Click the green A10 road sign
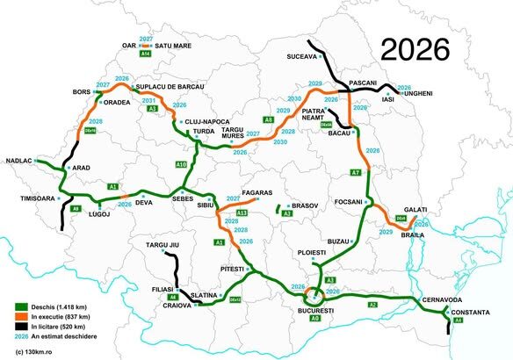pos(181,164)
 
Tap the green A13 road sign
pos(242,212)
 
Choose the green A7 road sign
pos(356,173)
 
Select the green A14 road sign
pos(146,55)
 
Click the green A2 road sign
pos(372,304)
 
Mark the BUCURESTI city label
pos(315,310)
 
